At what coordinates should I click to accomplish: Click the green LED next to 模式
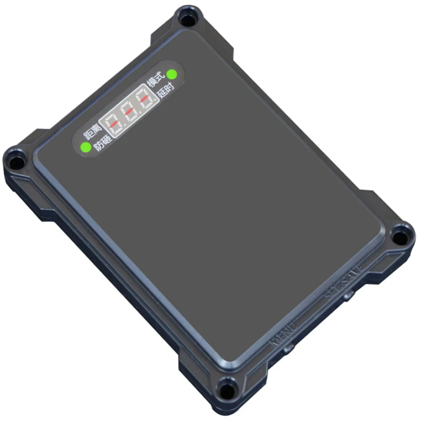click(171, 74)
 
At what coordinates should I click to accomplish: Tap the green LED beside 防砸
click(84, 147)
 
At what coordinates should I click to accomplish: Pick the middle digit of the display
click(130, 112)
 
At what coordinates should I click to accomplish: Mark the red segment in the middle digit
click(130, 112)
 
